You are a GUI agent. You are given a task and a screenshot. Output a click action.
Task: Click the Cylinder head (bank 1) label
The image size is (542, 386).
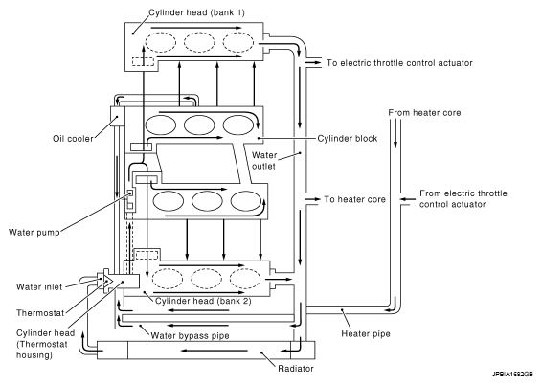coord(196,12)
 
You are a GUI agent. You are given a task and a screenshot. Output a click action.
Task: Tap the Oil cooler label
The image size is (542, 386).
coord(73,139)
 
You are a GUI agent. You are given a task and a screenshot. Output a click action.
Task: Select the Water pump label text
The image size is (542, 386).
coord(34,232)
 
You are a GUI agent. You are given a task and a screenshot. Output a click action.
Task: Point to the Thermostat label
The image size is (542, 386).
coord(40,313)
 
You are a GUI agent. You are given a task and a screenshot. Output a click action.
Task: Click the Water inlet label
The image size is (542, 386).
coord(39,286)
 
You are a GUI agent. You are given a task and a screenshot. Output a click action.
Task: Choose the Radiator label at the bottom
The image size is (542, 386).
coord(296,369)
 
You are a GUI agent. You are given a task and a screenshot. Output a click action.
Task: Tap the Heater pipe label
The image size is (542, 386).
coord(366,333)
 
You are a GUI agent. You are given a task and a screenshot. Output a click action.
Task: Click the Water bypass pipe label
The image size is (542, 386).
coord(190,335)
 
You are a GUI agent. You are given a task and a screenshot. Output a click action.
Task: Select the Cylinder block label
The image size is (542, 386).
coord(348,138)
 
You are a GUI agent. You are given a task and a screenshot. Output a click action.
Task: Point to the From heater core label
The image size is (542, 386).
coord(424,113)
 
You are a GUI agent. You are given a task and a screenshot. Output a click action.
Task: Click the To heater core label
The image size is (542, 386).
coord(354,199)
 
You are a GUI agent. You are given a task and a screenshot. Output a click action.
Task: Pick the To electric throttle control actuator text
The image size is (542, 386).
coord(399,63)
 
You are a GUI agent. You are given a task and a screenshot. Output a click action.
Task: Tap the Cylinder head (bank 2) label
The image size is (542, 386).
coord(203,301)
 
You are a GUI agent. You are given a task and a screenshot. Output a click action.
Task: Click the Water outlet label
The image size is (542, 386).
coord(264,161)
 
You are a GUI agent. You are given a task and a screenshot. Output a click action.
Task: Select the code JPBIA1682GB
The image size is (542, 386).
coord(513,375)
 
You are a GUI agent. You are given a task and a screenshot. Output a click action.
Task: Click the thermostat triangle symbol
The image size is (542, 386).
coord(108,281)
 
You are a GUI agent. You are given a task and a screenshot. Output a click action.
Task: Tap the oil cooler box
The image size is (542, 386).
coord(117,116)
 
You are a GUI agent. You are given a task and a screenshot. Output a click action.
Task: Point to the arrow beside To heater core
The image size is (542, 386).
coord(313,199)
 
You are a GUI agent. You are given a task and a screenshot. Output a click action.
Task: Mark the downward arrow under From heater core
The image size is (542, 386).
coord(395,133)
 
